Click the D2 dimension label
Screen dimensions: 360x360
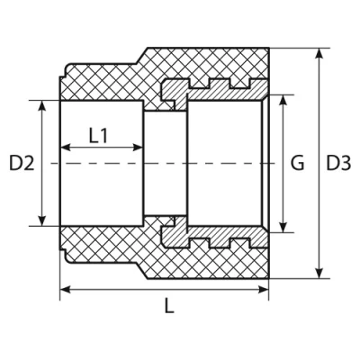click(x=21, y=163)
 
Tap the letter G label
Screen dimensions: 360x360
click(x=299, y=163)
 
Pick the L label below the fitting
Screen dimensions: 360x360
click(x=168, y=306)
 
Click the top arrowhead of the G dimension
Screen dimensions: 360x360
click(x=283, y=96)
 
